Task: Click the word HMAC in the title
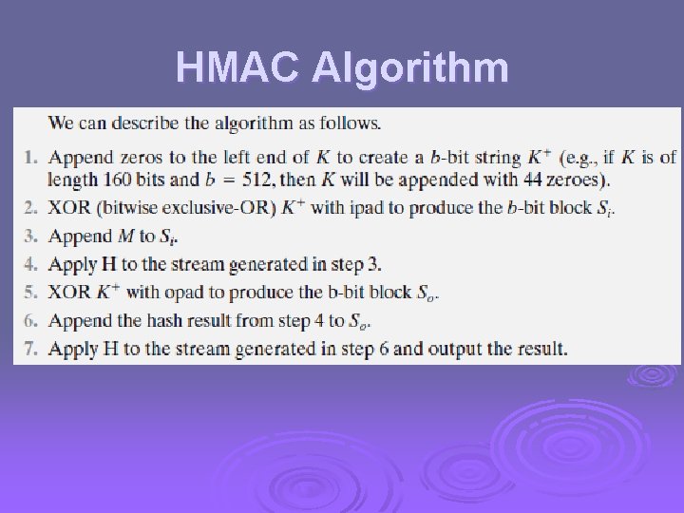click(x=238, y=67)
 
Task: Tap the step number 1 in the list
click(x=28, y=157)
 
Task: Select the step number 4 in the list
click(x=28, y=264)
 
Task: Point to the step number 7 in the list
click(x=28, y=349)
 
